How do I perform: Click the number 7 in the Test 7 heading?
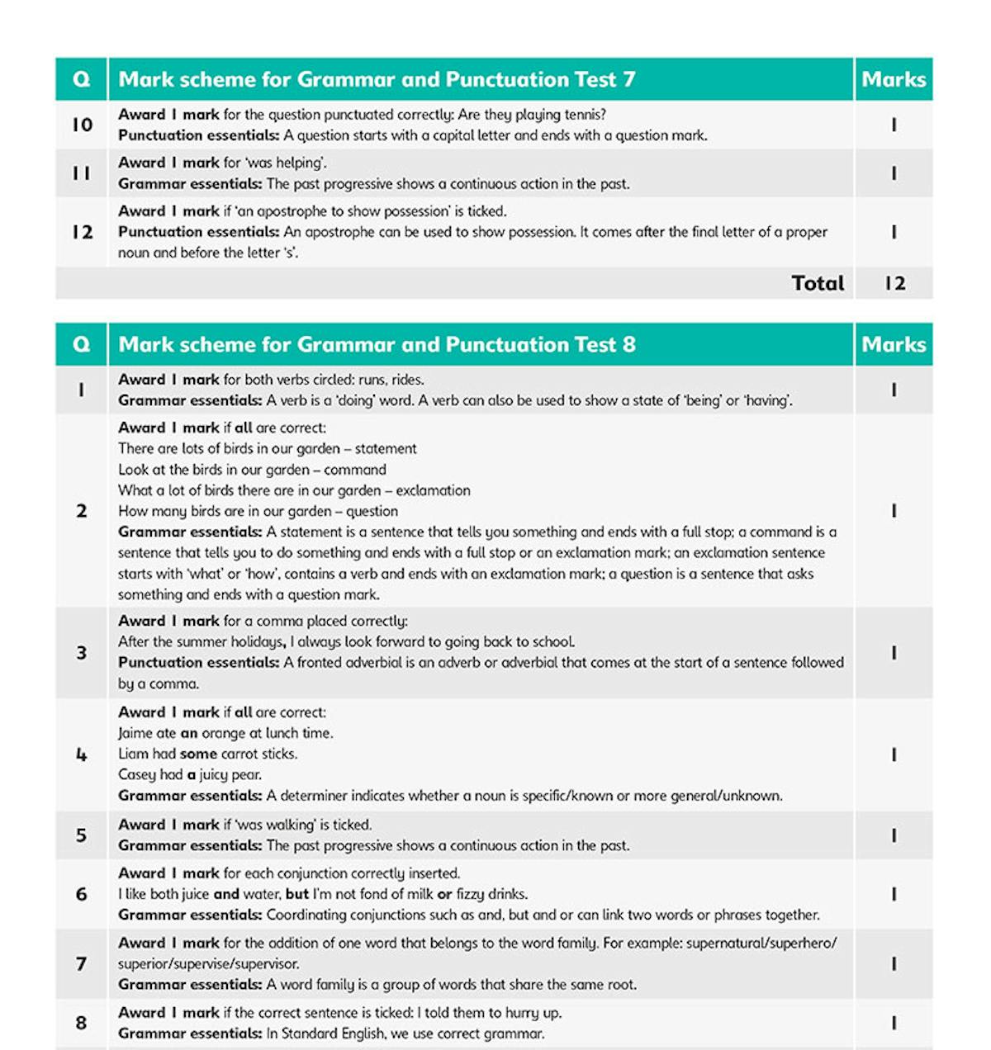628,79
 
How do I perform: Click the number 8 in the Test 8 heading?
628,344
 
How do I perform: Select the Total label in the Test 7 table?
818,283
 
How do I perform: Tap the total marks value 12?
894,283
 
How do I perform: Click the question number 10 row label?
82,125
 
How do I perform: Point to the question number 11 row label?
82,173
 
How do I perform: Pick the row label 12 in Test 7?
82,232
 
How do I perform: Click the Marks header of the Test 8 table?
894,344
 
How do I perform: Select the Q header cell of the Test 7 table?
82,79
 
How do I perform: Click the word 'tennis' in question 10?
584,115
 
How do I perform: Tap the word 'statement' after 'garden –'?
386,449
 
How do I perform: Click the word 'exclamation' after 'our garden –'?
433,490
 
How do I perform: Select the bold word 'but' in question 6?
297,894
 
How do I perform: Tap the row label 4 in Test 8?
82,754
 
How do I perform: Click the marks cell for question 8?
894,1023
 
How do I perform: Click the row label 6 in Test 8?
82,894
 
